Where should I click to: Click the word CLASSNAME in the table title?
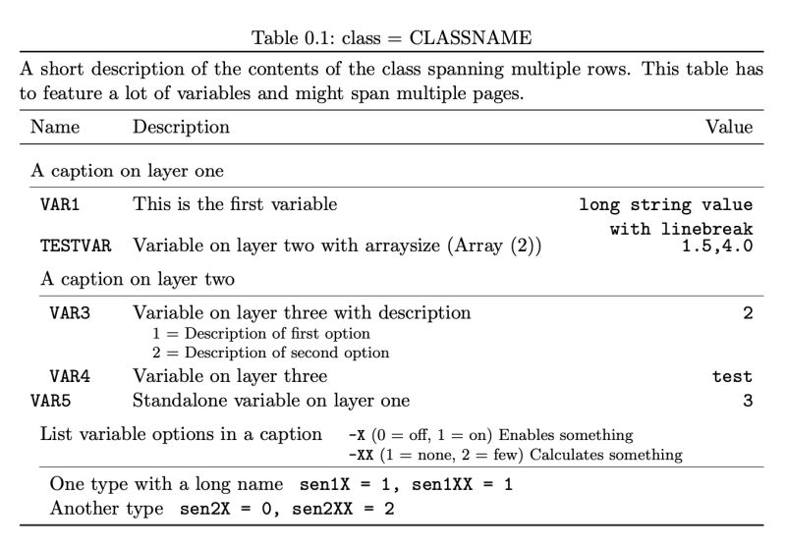point(471,38)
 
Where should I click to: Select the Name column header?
point(55,127)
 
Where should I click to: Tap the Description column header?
point(181,127)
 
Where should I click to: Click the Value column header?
point(729,127)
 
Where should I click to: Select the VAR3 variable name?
point(69,314)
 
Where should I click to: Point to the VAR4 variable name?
point(69,377)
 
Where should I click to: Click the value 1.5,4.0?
point(717,246)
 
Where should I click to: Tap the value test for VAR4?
point(732,377)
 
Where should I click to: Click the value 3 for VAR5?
point(747,401)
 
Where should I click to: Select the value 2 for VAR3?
point(747,314)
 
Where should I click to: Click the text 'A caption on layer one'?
point(127,171)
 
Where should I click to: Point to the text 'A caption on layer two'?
point(137,279)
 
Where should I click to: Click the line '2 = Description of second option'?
point(267,353)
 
